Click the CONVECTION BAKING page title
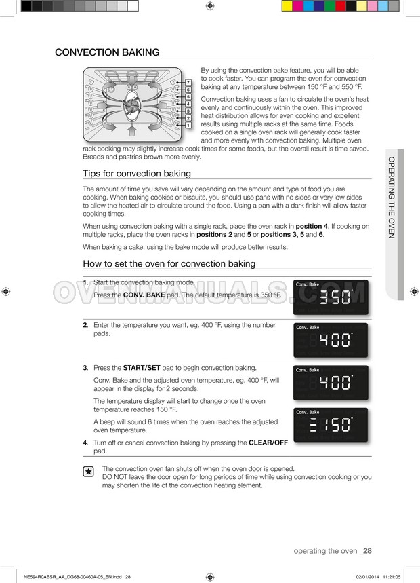click(107, 52)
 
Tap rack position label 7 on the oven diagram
click(188, 83)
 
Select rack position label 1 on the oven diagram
click(188, 126)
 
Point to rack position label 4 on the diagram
click(188, 104)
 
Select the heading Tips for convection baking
click(137, 174)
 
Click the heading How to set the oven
click(169, 263)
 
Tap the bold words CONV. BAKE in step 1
click(144, 295)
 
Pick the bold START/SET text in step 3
click(142, 368)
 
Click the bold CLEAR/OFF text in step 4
click(268, 443)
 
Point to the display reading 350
click(331, 297)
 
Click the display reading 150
click(331, 425)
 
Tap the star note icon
click(88, 472)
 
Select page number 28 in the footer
click(367, 551)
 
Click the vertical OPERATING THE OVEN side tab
click(392, 198)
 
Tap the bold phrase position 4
click(312, 226)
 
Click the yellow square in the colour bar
click(287, 6)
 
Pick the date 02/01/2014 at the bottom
click(367, 577)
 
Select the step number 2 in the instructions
click(85, 325)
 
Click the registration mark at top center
click(210, 5)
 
